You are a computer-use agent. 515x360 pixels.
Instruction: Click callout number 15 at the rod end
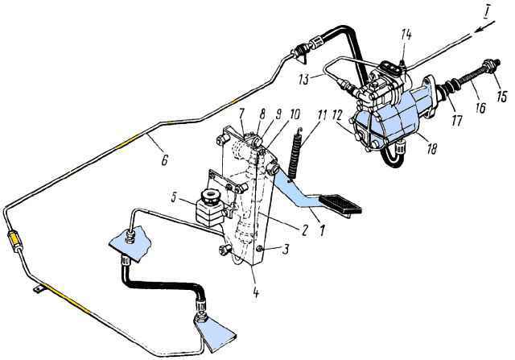pyautogui.click(x=501, y=97)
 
